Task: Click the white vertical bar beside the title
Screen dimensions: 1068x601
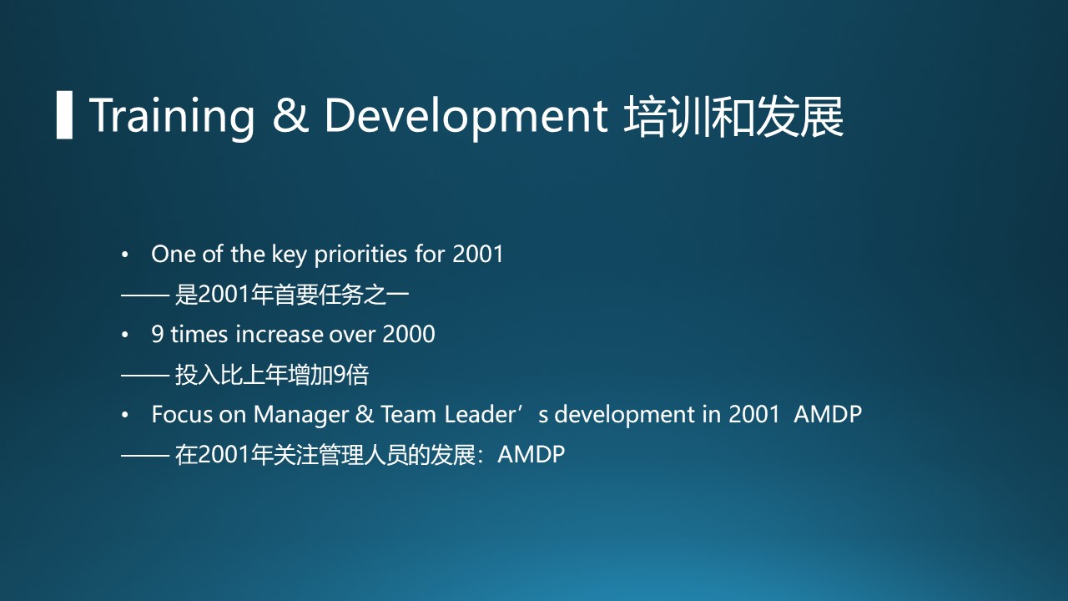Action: tap(64, 115)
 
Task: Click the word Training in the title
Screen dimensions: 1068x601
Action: tap(172, 116)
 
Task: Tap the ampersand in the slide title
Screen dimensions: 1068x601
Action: tap(290, 115)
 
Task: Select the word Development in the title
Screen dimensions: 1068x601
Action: tap(466, 116)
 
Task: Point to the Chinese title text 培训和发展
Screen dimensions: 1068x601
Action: tap(733, 116)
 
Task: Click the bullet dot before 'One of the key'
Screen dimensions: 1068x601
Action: tap(125, 255)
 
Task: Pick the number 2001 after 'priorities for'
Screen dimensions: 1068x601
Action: tap(478, 255)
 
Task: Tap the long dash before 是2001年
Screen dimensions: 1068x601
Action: tap(145, 295)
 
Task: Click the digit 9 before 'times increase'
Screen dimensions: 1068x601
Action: tap(158, 334)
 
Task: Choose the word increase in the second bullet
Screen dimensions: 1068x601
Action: tap(280, 334)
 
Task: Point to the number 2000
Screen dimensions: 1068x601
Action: tap(409, 334)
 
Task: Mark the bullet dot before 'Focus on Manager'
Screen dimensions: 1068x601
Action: tap(125, 416)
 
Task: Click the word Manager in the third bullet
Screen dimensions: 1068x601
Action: tap(301, 415)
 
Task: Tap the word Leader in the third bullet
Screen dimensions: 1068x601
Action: tap(480, 414)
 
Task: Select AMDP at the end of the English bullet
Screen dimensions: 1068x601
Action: tap(828, 414)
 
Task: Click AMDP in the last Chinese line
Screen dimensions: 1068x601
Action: tap(531, 454)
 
